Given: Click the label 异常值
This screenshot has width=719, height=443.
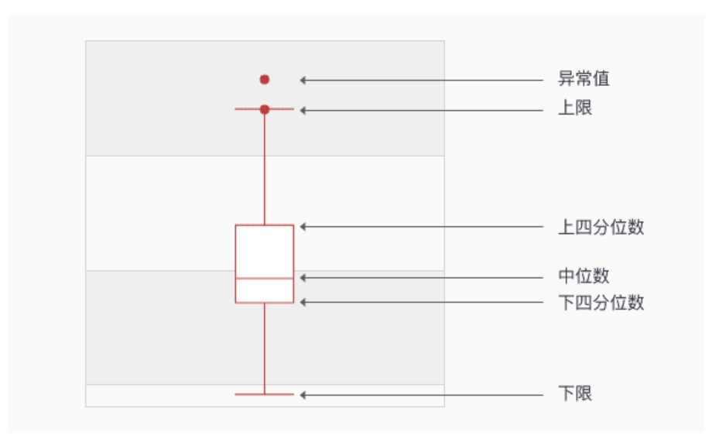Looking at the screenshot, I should (x=578, y=79).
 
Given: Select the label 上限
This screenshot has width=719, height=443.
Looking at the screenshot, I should (x=575, y=109).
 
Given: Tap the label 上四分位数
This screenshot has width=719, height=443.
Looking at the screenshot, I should (x=601, y=227).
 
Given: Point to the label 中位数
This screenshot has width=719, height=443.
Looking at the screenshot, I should (x=584, y=276).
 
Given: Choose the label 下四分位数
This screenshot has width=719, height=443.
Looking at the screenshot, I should (x=601, y=302).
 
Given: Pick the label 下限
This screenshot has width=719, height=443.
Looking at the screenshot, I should (x=575, y=394).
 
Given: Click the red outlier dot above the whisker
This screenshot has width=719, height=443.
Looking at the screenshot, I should (x=265, y=79).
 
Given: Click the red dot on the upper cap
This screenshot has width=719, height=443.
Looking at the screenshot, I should (x=265, y=109).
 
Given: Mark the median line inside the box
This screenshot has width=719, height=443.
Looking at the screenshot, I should (x=265, y=277).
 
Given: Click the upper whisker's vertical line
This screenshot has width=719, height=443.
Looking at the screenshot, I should (x=265, y=167).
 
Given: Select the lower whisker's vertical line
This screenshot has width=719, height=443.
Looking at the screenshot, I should (x=265, y=349).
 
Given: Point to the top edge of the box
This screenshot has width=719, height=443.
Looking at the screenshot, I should (x=265, y=225).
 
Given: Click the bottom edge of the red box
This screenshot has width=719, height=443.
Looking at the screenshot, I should (x=265, y=302).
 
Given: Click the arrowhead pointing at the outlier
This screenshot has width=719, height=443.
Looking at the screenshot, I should (x=304, y=79).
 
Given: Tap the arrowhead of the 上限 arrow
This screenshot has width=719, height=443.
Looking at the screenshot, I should (x=304, y=110).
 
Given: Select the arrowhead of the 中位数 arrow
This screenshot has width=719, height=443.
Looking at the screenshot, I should (x=304, y=276).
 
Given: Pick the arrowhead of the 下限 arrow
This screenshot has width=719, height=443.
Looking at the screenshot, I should (x=304, y=394).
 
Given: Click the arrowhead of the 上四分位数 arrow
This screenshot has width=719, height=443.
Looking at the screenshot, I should (x=304, y=227).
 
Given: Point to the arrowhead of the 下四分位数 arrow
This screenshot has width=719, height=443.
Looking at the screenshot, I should (x=304, y=302).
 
